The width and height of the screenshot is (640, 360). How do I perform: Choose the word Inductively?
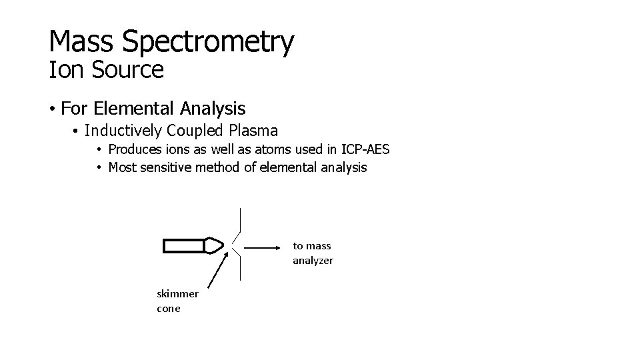pos(123,130)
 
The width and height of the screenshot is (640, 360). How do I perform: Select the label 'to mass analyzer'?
pos(313,253)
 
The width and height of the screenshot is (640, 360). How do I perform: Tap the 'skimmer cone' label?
pos(177,301)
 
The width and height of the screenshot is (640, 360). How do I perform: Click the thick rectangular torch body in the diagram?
pos(184,246)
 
